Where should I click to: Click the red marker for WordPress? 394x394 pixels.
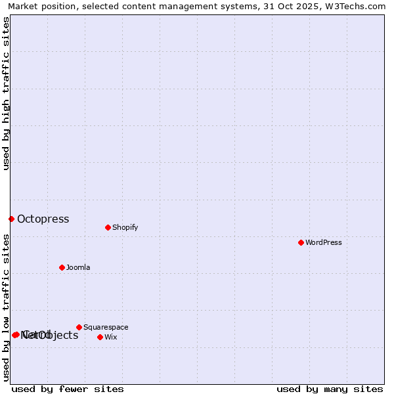301,242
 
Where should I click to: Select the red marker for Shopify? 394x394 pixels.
108,227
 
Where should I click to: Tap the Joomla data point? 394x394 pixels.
62,267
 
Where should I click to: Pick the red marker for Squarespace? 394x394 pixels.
79,327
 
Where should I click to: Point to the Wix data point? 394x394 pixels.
100,337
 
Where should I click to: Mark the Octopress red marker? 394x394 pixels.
11,219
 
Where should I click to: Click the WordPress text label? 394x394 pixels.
324,242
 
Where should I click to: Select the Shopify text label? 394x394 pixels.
125,227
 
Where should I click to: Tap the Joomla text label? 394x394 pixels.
78,267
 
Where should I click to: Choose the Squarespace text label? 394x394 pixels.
106,327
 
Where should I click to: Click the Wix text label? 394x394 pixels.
110,337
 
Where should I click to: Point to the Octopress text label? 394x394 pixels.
43,219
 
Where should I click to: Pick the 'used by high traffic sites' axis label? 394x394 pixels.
6,93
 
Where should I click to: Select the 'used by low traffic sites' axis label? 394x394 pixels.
6,307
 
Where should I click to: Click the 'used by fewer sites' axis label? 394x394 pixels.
68,389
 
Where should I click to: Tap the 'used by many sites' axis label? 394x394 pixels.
330,389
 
